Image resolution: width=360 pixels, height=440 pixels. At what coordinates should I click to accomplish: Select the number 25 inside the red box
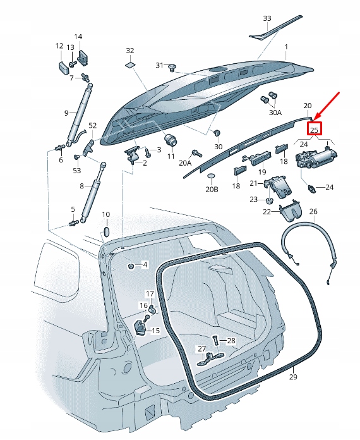pos(314,129)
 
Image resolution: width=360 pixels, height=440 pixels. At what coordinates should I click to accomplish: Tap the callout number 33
pos(267,18)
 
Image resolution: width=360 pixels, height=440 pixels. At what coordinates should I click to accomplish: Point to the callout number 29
pos(293,377)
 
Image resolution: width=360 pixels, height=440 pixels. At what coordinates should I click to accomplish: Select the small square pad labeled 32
pos(130,64)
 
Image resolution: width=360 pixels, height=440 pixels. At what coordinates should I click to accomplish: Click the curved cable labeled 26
pos(308,247)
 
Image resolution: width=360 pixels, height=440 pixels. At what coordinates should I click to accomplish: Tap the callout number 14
pos(78,37)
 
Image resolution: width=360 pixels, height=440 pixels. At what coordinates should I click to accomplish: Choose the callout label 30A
pos(275,113)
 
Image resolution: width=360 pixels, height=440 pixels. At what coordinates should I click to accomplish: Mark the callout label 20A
pos(185,162)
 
